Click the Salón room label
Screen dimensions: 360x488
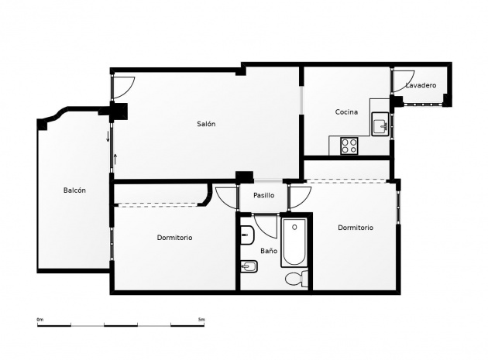click(205, 124)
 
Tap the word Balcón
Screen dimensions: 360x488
click(74, 190)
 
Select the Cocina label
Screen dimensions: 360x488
click(346, 112)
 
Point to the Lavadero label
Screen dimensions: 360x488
click(421, 85)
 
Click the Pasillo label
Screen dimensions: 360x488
click(264, 195)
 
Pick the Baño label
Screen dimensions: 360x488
click(268, 251)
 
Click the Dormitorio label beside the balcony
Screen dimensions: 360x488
click(174, 238)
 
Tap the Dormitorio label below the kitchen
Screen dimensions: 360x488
click(356, 228)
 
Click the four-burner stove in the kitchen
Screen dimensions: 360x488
click(349, 144)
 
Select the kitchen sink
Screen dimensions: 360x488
click(380, 124)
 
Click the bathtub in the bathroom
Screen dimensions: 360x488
click(294, 242)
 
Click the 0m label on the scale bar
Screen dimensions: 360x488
click(40, 319)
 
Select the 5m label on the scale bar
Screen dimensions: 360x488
click(201, 319)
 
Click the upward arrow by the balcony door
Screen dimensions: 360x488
click(115, 158)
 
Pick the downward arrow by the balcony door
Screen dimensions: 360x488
click(108, 138)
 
